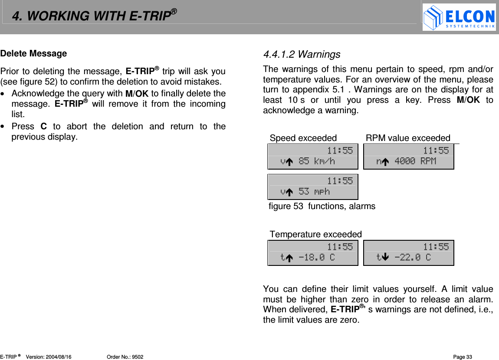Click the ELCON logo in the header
pyautogui.click(x=459, y=17)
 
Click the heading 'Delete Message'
pyautogui.click(x=34, y=53)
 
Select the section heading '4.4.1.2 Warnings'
pyautogui.click(x=302, y=55)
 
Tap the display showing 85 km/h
pyautogui.click(x=312, y=157)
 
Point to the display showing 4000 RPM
pyautogui.click(x=408, y=157)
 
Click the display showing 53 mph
pyautogui.click(x=312, y=187)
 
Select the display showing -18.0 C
pyautogui.click(x=312, y=252)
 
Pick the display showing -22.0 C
pyautogui.click(x=408, y=252)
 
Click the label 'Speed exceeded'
pyautogui.click(x=303, y=138)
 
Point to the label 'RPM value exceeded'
pyautogui.click(x=408, y=138)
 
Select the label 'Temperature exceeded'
pyautogui.click(x=315, y=235)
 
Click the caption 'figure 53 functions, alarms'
pyautogui.click(x=322, y=206)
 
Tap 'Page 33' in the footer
pyautogui.click(x=463, y=357)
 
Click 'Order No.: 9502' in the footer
pyautogui.click(x=125, y=357)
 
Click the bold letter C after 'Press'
pyautogui.click(x=43, y=127)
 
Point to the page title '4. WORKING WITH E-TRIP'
pyautogui.click(x=94, y=16)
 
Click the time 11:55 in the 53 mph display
pyautogui.click(x=340, y=181)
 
